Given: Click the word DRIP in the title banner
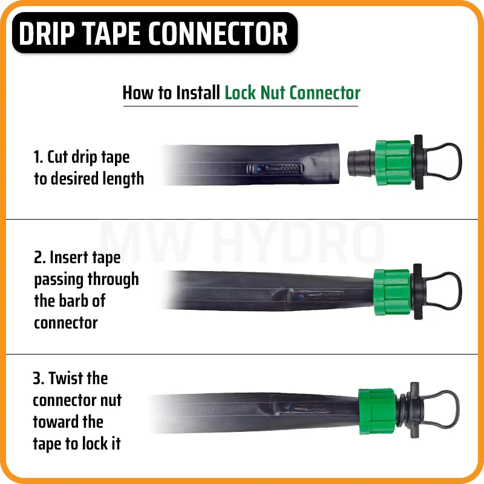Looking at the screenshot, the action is [47, 34].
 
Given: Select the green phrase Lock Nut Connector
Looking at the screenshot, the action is [292, 93].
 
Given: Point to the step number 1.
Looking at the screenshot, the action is [38, 157].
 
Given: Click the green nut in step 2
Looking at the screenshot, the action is [392, 292].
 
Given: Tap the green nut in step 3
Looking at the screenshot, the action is [377, 411].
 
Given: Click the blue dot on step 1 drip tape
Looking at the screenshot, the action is [260, 169].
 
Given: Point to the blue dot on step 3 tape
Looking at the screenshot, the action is [288, 408].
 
